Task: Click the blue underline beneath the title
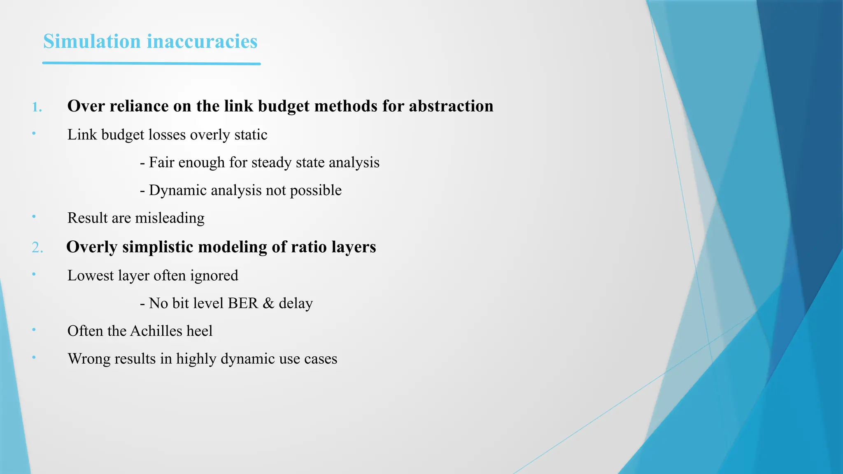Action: (x=151, y=63)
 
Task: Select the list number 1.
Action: (x=37, y=107)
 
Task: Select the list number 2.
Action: (x=37, y=248)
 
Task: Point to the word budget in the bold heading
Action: (x=285, y=106)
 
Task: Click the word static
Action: (x=251, y=135)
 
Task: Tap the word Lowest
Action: (x=91, y=275)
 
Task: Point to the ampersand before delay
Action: (x=268, y=303)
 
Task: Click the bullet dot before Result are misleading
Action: (x=34, y=216)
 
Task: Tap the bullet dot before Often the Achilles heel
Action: (x=34, y=330)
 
